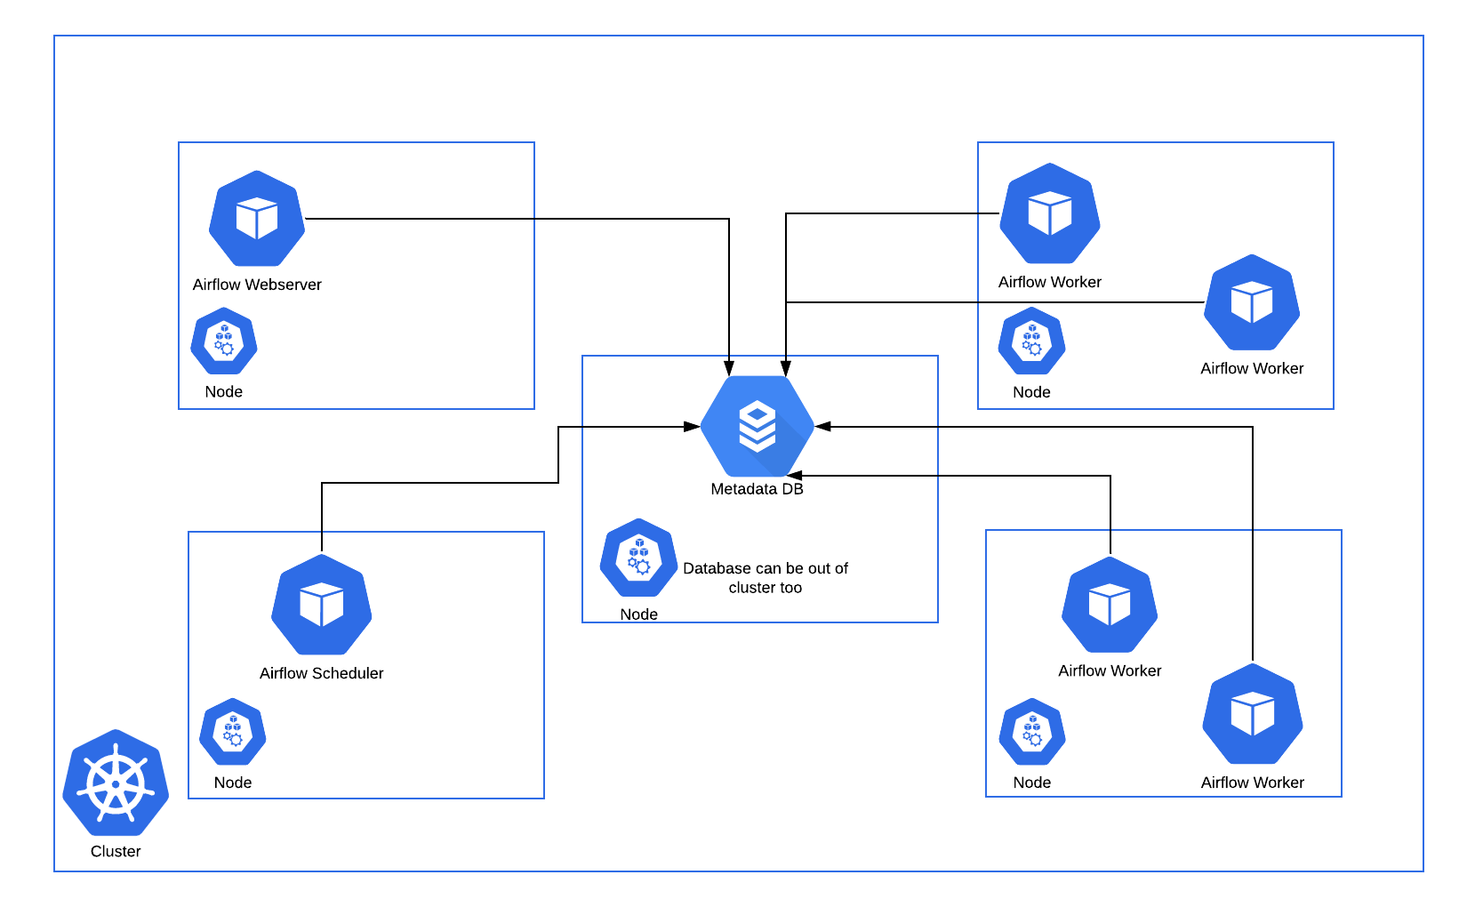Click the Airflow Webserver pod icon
(x=257, y=219)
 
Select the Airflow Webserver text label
(x=257, y=285)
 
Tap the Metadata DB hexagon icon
(x=758, y=427)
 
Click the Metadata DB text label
(x=757, y=489)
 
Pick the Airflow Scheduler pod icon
(x=321, y=606)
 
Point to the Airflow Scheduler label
(x=321, y=673)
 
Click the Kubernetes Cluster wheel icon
(x=116, y=783)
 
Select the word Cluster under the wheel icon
(x=116, y=851)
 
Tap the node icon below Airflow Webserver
(x=224, y=341)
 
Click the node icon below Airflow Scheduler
(x=233, y=732)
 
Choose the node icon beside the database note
(x=638, y=558)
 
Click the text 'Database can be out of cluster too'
(x=766, y=578)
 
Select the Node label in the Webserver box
(x=224, y=392)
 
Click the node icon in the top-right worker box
(x=1031, y=341)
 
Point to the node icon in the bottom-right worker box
(x=1032, y=732)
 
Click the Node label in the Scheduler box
(x=233, y=783)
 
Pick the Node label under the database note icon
(x=638, y=614)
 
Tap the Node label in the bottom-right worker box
(x=1032, y=783)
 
